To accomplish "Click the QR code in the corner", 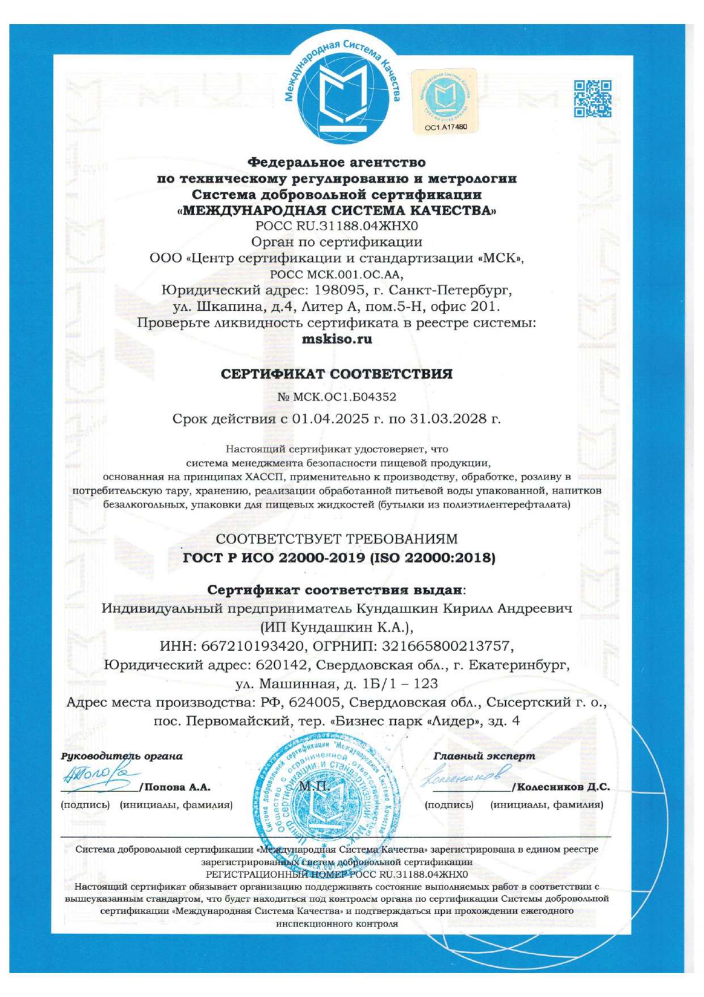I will [592, 98].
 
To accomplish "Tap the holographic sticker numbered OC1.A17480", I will [445, 101].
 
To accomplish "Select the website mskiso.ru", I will [337, 339].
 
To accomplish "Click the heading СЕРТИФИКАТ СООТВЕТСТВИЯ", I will [337, 374].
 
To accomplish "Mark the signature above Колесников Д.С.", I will [464, 775].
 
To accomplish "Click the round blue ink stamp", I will [324, 792].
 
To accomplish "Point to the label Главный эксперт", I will [484, 756].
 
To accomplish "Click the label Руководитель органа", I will [121, 756].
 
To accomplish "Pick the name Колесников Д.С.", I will [563, 787].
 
